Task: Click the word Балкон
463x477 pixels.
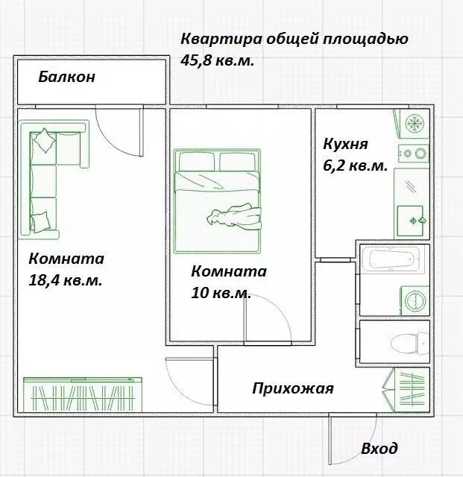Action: click(67, 77)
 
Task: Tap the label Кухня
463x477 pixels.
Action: click(345, 144)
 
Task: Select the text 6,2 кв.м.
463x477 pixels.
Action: click(354, 166)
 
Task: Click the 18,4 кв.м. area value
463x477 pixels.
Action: click(65, 281)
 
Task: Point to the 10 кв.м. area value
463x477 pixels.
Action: click(220, 293)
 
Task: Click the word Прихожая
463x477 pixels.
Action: click(292, 388)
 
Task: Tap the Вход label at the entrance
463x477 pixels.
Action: click(379, 449)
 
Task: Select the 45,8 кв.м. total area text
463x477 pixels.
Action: click(218, 60)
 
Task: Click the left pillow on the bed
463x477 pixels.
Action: click(196, 160)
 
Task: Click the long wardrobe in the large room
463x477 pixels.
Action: click(82, 393)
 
